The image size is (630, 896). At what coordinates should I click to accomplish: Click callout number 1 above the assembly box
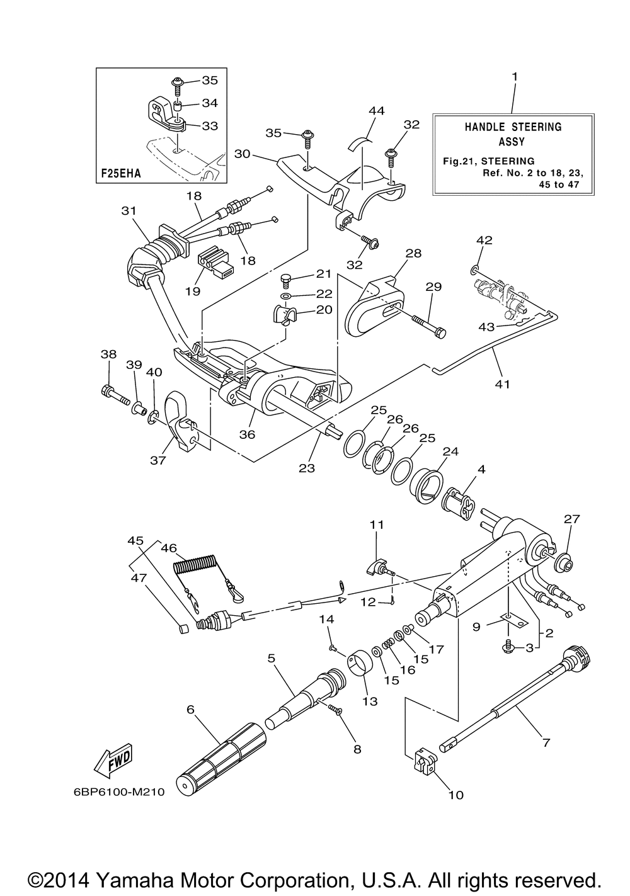coord(515,76)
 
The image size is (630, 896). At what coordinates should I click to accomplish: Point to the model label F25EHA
coord(121,174)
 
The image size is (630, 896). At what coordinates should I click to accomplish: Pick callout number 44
coord(376,110)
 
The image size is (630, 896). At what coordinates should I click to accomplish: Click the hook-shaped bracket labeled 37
coord(181,421)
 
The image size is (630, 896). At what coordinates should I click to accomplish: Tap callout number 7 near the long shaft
coord(546,742)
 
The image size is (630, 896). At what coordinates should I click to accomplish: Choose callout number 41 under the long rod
coord(502,384)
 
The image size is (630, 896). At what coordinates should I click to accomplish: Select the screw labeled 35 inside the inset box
coord(177,88)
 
